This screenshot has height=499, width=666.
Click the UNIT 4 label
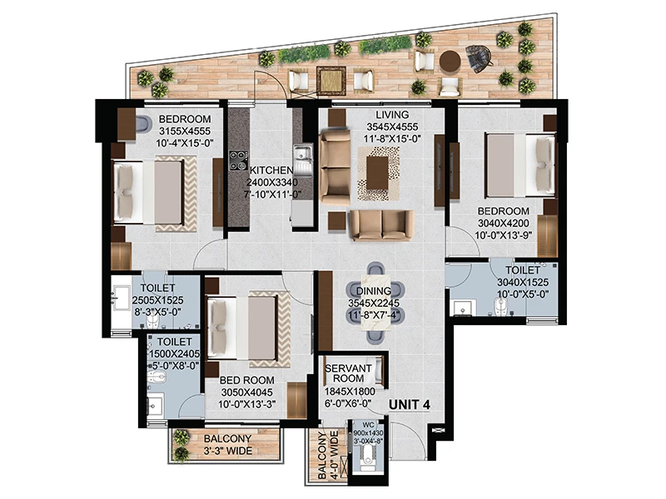click(x=410, y=405)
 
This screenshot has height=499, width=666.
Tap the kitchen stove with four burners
click(x=238, y=161)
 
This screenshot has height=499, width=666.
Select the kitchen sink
click(x=303, y=161)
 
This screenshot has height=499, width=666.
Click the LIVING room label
click(x=392, y=115)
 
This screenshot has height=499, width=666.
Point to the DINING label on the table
click(x=374, y=291)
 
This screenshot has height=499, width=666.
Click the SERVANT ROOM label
click(x=348, y=373)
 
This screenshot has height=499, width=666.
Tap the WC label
click(x=368, y=425)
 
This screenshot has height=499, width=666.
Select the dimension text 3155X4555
click(x=185, y=131)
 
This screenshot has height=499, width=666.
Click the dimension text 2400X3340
click(x=272, y=182)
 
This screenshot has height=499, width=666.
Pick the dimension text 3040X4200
click(x=504, y=223)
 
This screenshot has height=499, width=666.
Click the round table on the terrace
click(x=450, y=62)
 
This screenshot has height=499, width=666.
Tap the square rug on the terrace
click(x=331, y=80)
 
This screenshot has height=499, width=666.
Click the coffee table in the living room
click(x=378, y=173)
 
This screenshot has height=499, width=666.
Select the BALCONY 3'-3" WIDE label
click(x=227, y=445)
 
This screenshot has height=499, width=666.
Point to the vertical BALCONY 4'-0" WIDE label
click(x=328, y=455)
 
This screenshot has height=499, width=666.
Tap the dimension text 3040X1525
click(x=523, y=282)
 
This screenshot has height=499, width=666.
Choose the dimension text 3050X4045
click(x=246, y=393)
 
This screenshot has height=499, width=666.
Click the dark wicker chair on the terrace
click(x=480, y=56)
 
